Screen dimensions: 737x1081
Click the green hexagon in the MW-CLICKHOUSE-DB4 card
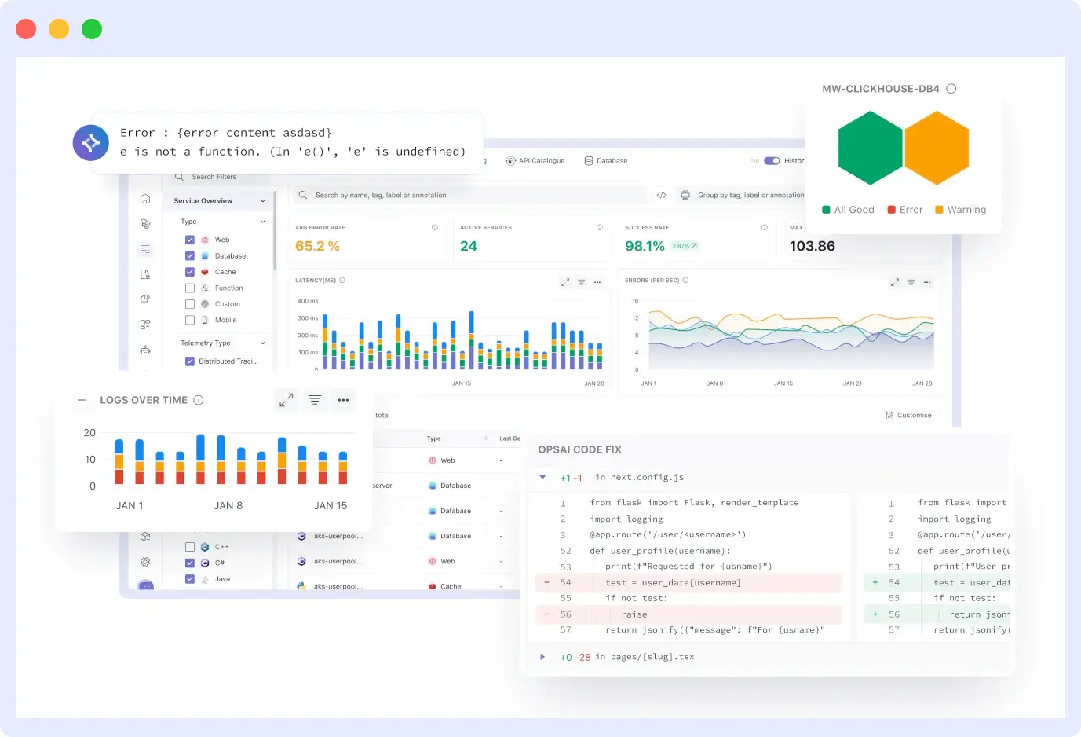pos(870,148)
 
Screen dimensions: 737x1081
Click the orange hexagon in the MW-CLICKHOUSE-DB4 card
pos(937,148)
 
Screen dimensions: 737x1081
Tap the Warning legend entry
pos(960,210)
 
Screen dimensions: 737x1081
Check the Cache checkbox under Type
pos(190,272)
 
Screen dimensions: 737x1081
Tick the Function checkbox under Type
pos(190,288)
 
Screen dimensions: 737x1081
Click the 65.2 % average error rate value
pos(317,246)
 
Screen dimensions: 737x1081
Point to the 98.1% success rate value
pos(645,246)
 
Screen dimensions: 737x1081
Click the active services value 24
pos(469,246)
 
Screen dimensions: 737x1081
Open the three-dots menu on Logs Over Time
pos(343,400)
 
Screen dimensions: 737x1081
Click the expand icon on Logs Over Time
pos(286,400)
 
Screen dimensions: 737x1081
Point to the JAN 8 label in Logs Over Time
pos(228,506)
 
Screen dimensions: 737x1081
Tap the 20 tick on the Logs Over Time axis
pos(89,433)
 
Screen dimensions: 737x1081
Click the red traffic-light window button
pos(26,29)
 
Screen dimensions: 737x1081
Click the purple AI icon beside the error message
pos(91,143)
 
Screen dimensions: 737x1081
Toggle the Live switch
pos(772,161)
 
